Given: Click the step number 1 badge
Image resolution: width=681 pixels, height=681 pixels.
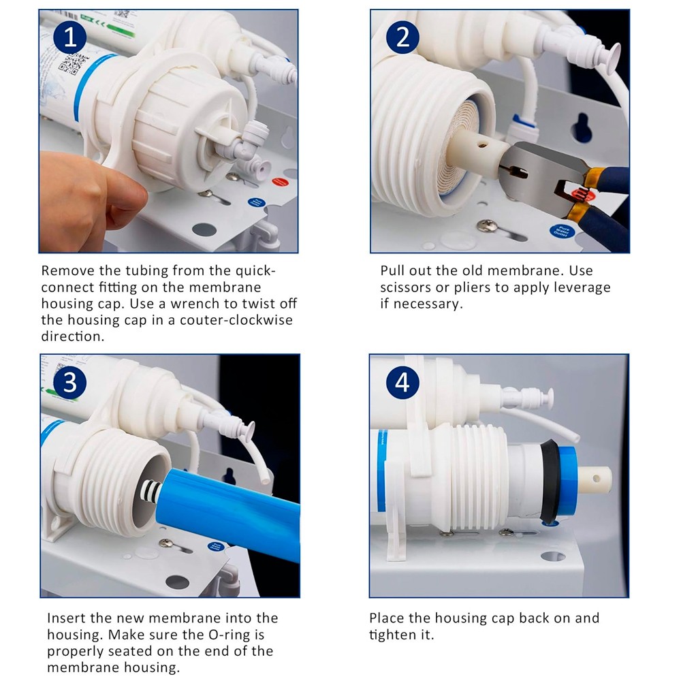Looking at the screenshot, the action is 70,37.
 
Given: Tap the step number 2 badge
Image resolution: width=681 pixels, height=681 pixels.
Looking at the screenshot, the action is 402,37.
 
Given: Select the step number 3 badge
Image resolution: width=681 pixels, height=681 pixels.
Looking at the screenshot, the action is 70,383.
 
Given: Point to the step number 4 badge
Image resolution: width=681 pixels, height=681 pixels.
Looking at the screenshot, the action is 402,383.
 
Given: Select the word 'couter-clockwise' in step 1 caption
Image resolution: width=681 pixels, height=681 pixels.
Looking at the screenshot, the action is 236,320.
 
